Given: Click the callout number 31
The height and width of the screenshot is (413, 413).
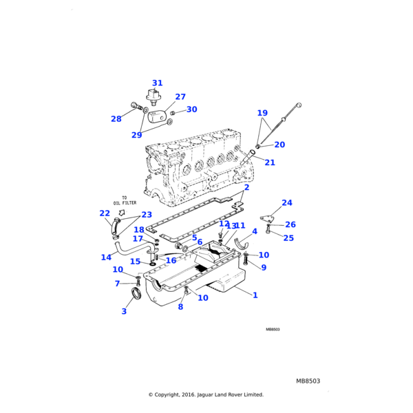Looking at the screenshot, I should [x=157, y=83].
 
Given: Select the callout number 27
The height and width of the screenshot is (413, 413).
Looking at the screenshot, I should [x=180, y=97].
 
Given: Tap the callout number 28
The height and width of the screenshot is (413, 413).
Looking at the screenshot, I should [x=116, y=119].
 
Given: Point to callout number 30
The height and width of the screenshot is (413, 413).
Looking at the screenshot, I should [x=191, y=109].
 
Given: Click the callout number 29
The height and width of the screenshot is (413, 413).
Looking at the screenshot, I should [x=136, y=135].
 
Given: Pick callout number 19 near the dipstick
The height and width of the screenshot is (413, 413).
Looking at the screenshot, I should [x=262, y=113].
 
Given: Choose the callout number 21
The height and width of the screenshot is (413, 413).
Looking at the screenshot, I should [x=270, y=162].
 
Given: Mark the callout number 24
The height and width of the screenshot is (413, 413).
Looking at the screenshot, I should [x=287, y=203].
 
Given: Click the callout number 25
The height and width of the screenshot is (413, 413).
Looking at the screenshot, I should [x=288, y=238].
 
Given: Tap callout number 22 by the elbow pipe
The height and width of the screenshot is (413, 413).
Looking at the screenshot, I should [x=105, y=213].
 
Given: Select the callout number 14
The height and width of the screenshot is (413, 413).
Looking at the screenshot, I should [x=106, y=257].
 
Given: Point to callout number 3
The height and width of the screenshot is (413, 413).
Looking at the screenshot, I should [x=124, y=312].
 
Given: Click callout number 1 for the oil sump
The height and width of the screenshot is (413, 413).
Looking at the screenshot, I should [x=255, y=295].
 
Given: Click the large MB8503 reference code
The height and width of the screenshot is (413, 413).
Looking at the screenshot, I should [x=308, y=381].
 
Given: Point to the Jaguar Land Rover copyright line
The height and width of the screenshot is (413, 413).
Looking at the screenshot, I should [x=206, y=395].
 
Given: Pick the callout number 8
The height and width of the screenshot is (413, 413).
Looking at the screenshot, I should [x=180, y=307].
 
